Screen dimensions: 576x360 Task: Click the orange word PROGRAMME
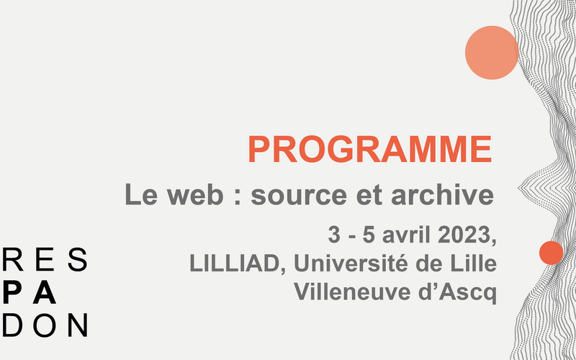click(x=370, y=149)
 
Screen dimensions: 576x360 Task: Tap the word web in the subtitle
click(x=195, y=194)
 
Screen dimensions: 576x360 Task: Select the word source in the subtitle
click(x=299, y=194)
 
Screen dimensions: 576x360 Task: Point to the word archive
click(x=442, y=194)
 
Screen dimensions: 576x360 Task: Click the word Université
click(x=351, y=263)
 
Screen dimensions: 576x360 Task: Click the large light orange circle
click(x=492, y=53)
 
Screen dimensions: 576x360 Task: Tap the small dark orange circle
click(x=551, y=253)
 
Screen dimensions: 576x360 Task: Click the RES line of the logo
click(x=45, y=259)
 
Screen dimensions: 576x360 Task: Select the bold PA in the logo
click(x=29, y=292)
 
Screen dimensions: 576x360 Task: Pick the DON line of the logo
click(x=45, y=325)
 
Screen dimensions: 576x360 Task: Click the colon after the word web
click(x=238, y=197)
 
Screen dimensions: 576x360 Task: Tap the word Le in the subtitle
click(x=141, y=194)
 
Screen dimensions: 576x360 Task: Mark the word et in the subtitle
click(x=369, y=195)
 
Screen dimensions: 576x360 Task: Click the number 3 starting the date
click(x=334, y=235)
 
